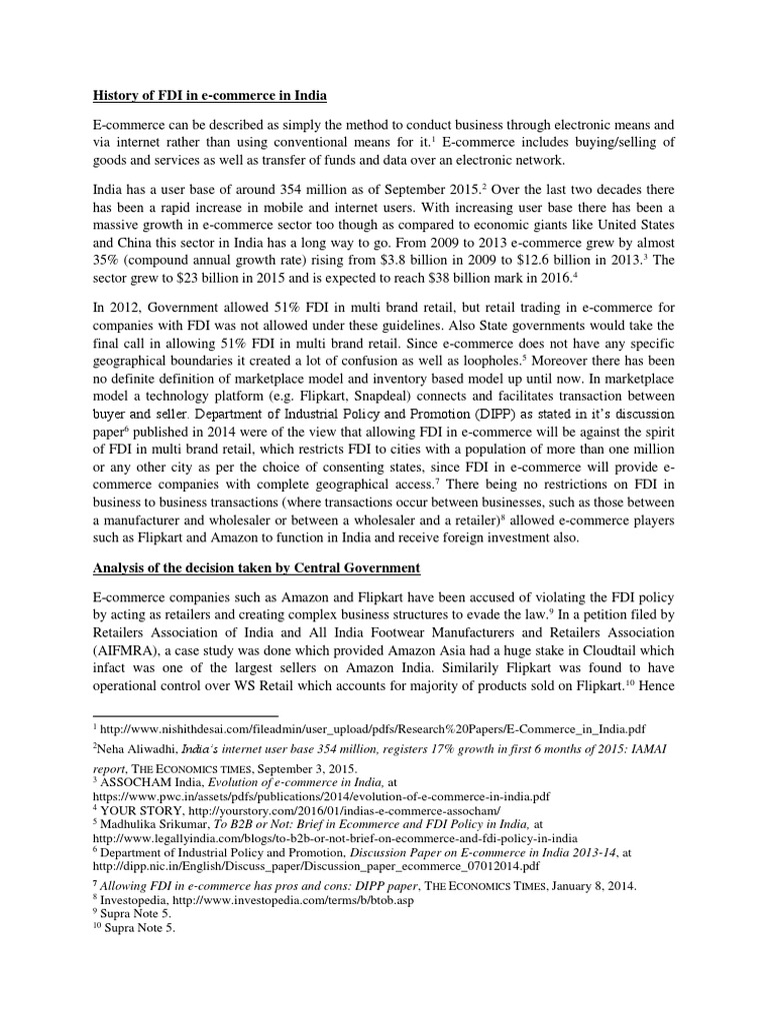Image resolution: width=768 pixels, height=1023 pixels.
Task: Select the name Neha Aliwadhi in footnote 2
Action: [x=136, y=754]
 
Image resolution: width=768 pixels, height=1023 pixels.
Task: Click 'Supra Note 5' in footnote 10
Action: [x=140, y=928]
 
